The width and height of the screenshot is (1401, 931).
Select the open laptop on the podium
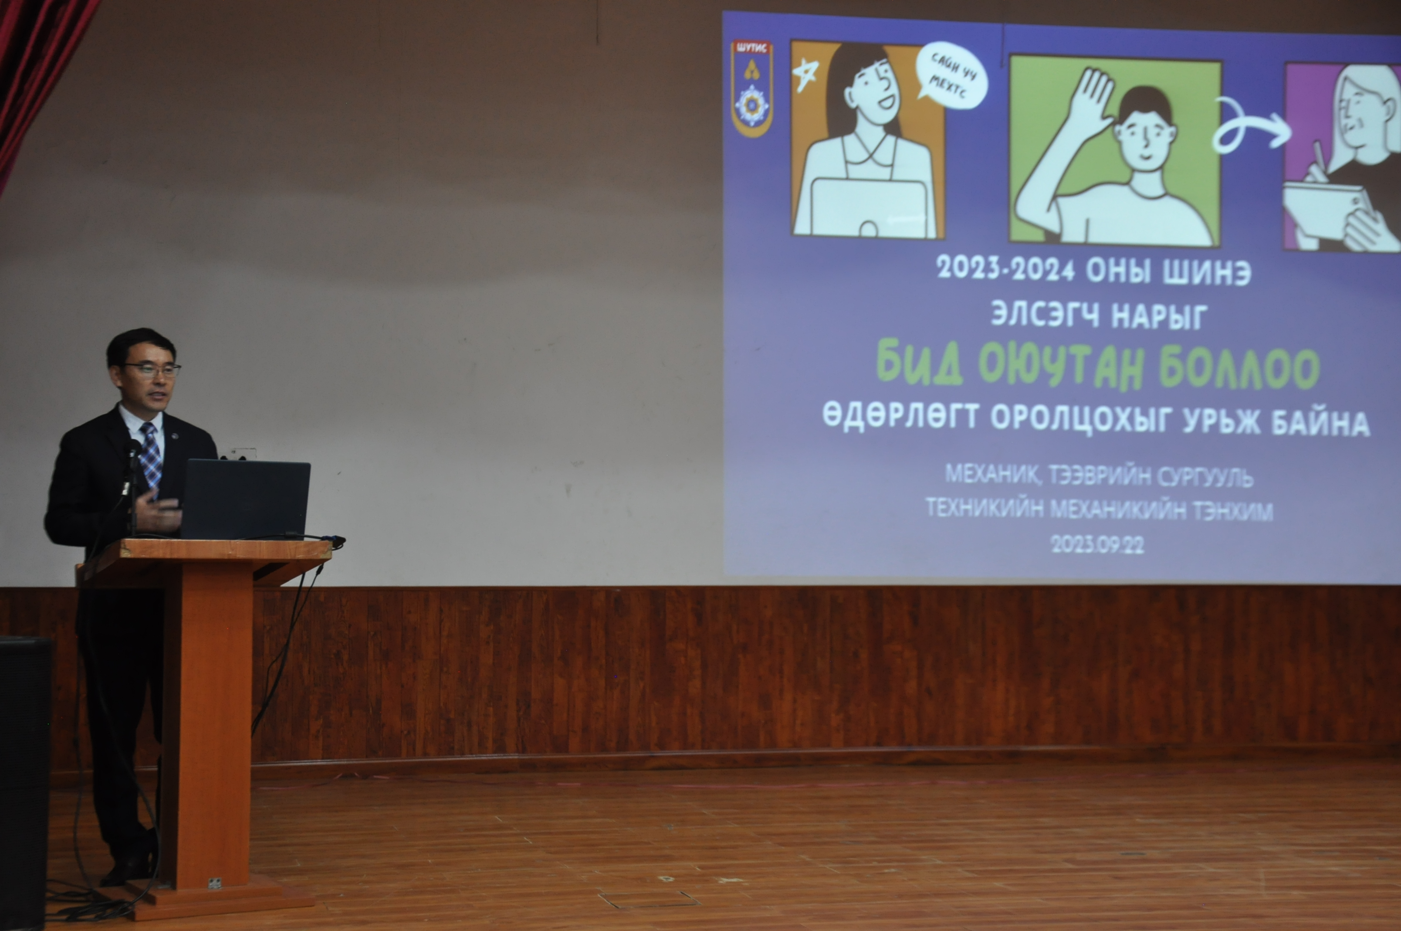[x=245, y=500]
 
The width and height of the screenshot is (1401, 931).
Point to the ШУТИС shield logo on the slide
[x=752, y=88]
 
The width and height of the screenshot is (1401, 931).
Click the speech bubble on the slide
[x=951, y=75]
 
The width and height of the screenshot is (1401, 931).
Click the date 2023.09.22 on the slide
[x=1097, y=544]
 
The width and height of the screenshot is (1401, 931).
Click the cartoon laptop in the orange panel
[x=868, y=208]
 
